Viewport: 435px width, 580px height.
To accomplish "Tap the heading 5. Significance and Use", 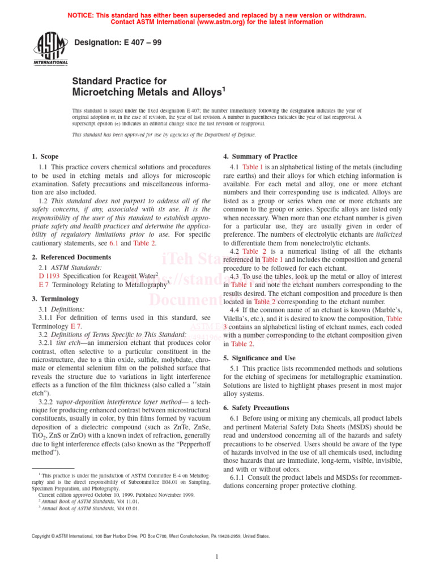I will (x=260, y=358).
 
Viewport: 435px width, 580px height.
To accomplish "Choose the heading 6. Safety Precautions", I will (x=256, y=408).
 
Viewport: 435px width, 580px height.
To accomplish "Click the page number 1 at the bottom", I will (x=217, y=557).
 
